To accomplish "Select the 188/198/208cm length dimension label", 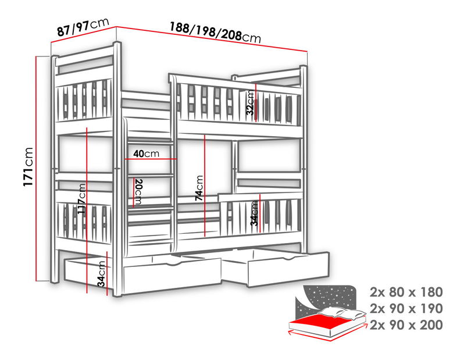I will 215,31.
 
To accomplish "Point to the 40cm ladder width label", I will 145,154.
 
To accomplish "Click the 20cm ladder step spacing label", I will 138,191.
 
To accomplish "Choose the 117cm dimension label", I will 82,199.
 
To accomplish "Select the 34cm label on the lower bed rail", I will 254,213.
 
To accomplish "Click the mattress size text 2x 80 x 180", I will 406,291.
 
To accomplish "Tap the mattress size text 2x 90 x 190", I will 406,308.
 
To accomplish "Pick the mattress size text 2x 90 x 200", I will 406,325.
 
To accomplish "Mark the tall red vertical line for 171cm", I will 38,169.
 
